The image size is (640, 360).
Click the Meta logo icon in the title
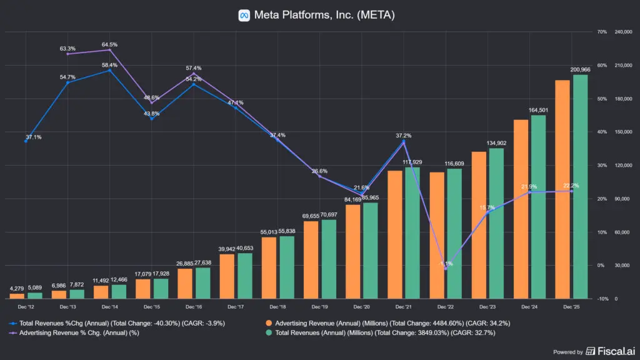coord(244,15)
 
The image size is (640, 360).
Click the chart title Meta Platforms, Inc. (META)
coord(324,15)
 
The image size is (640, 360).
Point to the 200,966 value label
coord(580,69)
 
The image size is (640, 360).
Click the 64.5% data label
coord(110,45)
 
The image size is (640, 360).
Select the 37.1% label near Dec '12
coord(34,137)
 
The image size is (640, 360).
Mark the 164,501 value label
coord(538,111)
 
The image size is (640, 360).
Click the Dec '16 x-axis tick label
coord(194,307)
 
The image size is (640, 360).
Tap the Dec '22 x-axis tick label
coord(446,307)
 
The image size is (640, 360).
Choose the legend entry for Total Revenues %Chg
coord(122,323)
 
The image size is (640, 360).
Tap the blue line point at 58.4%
coord(110,71)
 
